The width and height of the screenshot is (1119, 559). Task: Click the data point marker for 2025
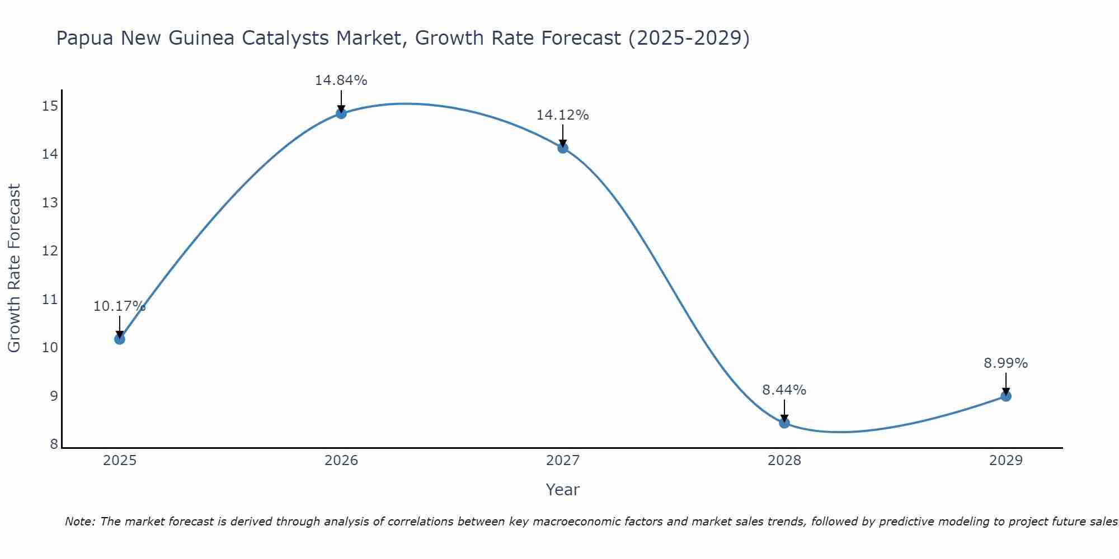click(119, 339)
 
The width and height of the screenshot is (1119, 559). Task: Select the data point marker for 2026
click(341, 113)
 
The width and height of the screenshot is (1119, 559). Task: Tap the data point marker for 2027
click(563, 148)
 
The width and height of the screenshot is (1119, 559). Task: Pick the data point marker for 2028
click(784, 423)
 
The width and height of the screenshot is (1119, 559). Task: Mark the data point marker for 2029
click(1005, 396)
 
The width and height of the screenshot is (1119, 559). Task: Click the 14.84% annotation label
click(341, 80)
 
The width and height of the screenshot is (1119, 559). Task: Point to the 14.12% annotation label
click(562, 115)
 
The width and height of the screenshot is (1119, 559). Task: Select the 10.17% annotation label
click(119, 306)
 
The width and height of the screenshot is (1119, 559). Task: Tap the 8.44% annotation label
click(784, 390)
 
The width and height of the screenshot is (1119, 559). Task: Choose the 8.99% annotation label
click(1005, 363)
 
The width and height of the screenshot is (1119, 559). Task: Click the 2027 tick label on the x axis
click(563, 461)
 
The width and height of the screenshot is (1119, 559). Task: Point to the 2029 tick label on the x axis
click(1005, 461)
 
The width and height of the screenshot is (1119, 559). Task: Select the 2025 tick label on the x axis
click(120, 461)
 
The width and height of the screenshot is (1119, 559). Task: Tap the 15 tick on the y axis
click(50, 106)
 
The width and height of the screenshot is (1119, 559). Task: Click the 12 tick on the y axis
click(50, 250)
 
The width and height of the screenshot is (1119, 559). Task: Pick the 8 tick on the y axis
click(54, 444)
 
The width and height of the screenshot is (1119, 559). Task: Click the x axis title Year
click(562, 490)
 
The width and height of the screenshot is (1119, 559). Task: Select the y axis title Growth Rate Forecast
click(14, 268)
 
